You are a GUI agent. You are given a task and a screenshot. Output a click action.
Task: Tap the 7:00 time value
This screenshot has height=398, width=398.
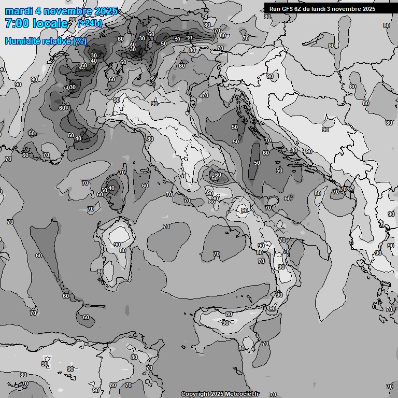point(17,23)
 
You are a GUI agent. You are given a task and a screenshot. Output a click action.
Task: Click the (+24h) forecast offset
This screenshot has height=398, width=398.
point(90,23)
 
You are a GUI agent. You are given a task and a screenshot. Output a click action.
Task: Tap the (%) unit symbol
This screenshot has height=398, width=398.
point(80,41)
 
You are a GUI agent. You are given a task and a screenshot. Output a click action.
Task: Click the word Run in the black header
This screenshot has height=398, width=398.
point(274,9)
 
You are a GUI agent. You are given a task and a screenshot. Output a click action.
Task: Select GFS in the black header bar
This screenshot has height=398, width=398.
point(288,9)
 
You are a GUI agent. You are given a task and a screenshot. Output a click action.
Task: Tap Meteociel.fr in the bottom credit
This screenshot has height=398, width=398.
point(242,394)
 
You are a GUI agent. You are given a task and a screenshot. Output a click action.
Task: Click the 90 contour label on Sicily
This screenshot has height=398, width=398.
point(225,323)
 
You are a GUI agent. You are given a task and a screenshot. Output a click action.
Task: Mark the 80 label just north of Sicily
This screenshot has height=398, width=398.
point(229,314)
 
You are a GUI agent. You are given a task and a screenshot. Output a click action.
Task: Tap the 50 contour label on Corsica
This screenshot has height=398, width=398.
point(105,190)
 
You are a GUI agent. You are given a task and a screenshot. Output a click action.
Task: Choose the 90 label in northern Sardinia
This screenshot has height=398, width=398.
point(117,245)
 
